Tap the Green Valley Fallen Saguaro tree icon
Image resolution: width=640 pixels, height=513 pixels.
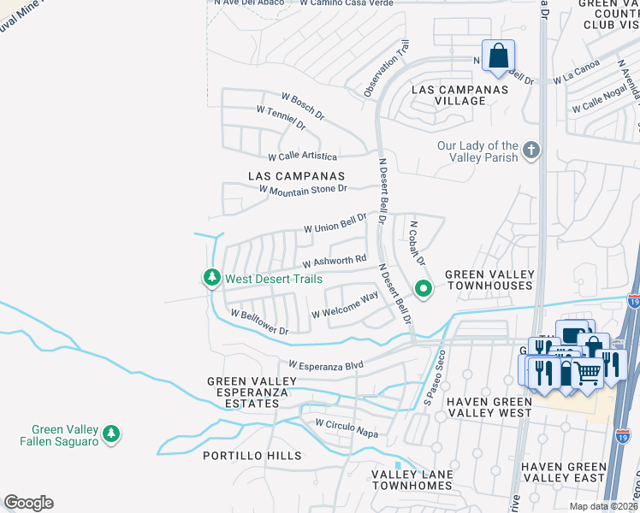(110, 435)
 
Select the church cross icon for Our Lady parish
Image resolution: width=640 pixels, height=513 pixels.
(531, 151)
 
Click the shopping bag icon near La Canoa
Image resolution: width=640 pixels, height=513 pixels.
(498, 56)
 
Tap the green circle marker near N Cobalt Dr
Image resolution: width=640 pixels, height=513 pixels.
(422, 289)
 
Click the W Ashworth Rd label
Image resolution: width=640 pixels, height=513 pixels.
(335, 260)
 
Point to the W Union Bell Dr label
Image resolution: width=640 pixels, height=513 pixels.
(335, 223)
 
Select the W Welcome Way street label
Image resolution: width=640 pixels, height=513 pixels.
(345, 307)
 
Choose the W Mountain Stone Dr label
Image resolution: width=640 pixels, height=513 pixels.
(303, 189)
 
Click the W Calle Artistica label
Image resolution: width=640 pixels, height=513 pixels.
(303, 156)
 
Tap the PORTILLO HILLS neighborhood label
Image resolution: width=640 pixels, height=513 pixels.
(252, 456)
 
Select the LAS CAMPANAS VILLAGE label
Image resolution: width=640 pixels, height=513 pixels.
(448, 95)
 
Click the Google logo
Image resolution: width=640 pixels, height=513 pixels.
(28, 503)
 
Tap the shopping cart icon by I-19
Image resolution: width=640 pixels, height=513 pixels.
(586, 373)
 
